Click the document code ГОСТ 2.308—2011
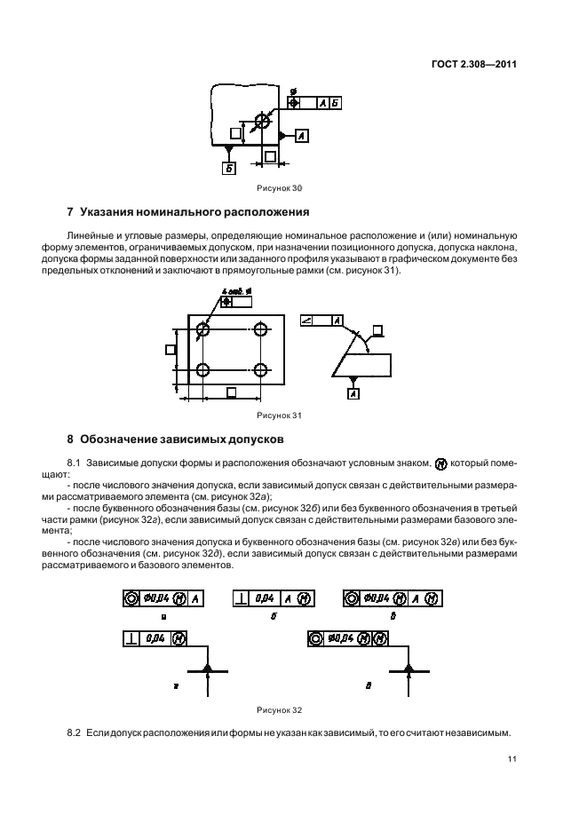[475, 63]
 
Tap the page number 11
[512, 759]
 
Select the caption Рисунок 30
[280, 187]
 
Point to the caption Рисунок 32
[280, 709]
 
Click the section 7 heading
[188, 213]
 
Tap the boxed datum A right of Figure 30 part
[301, 136]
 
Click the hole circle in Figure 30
[262, 121]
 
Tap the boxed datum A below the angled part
[354, 393]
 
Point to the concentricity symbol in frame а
[130, 598]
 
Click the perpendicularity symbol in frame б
[241, 598]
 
